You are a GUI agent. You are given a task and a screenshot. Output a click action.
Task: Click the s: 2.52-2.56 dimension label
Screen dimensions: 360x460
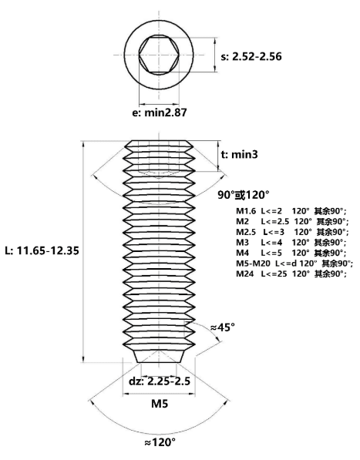[251, 56]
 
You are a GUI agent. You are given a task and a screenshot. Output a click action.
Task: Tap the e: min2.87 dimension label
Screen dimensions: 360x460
[160, 112]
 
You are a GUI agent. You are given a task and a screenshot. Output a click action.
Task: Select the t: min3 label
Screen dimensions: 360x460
[240, 154]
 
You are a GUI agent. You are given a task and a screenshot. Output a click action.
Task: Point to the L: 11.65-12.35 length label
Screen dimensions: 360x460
[42, 250]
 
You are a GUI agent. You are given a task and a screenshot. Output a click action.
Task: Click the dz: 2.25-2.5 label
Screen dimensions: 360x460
[160, 381]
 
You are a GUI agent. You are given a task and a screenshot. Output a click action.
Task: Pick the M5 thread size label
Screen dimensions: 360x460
[160, 404]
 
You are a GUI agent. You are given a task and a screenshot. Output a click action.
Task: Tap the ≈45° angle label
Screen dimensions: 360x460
[223, 327]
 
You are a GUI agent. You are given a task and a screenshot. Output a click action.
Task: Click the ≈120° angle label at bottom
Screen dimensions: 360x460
[160, 442]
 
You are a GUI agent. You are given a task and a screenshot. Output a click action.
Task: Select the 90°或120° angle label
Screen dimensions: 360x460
[244, 195]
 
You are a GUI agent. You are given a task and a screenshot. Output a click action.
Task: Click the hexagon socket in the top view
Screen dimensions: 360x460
[159, 55]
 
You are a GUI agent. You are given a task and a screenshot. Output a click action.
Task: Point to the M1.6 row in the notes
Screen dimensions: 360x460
[291, 211]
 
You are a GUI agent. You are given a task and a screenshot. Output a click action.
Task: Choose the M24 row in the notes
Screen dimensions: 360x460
[291, 274]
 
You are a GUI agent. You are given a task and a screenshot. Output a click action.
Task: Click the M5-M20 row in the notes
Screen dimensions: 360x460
[294, 264]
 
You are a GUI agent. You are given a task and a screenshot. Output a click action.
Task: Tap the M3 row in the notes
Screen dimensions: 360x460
[291, 242]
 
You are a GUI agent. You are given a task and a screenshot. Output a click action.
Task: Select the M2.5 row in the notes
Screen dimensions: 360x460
[292, 232]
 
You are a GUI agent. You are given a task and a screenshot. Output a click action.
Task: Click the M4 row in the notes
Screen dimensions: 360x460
[291, 253]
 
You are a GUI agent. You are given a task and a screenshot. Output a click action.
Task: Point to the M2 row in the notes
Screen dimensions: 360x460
[292, 221]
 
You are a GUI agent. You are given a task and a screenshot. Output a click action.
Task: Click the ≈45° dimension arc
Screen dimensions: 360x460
[212, 331]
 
